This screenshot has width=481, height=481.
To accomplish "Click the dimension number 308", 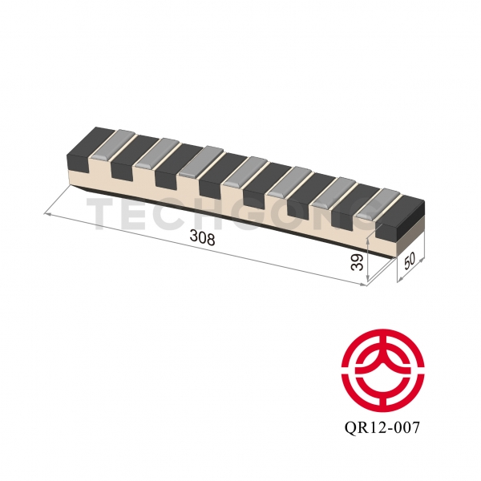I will tap(202, 238).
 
